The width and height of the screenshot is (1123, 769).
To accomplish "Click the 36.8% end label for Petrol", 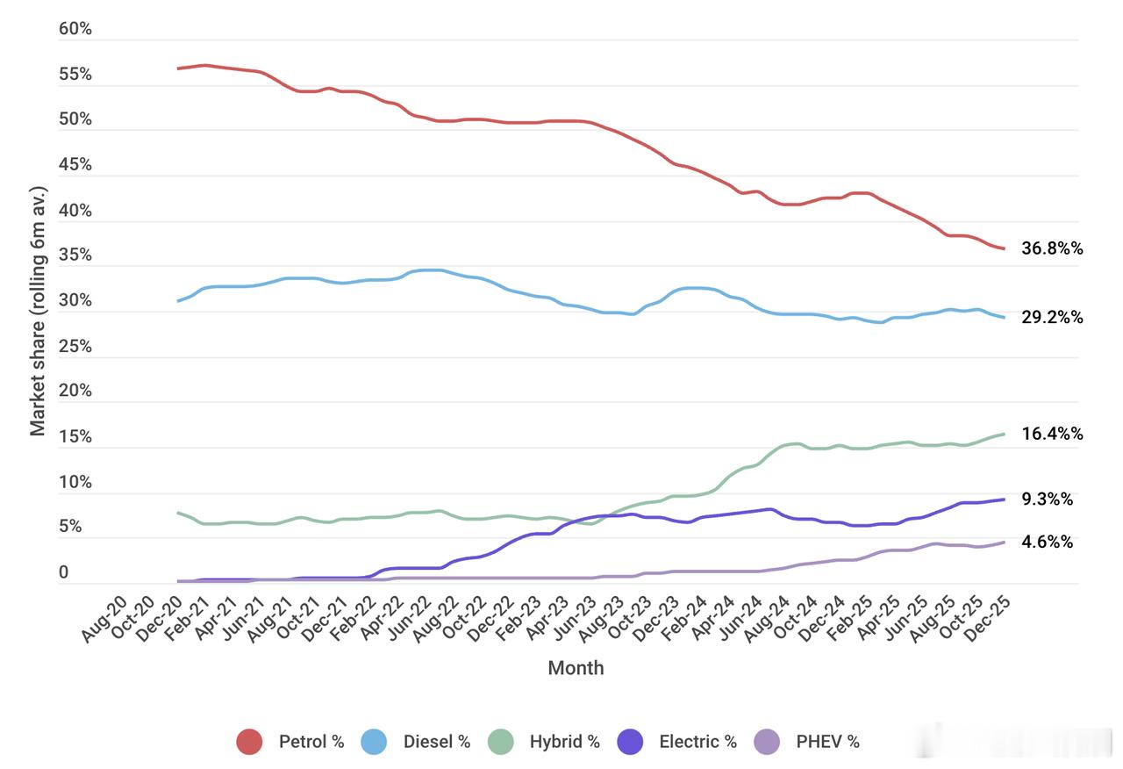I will (1052, 248).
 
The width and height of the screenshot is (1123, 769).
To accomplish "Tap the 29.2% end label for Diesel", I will (1052, 317).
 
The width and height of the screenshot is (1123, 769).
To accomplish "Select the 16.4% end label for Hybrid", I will (1052, 434).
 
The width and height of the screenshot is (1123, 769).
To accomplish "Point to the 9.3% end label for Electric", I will (1047, 499).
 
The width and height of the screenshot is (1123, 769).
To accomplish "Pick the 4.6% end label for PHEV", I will (1047, 542).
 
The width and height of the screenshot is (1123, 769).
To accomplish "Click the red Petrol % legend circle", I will (250, 742).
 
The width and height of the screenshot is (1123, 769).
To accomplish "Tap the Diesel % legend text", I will (437, 742).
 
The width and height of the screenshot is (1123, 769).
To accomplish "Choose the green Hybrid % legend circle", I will (501, 742).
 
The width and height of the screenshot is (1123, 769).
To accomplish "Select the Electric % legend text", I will (697, 742).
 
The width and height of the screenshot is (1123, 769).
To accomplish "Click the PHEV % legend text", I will (827, 742).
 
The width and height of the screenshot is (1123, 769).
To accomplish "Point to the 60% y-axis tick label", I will (75, 29).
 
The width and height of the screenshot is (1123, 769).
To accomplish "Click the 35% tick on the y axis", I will (75, 255).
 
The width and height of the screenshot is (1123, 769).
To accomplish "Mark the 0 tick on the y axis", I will (63, 572).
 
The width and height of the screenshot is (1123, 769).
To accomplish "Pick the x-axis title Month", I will (576, 668).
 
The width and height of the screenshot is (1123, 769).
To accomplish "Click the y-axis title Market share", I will (38, 311).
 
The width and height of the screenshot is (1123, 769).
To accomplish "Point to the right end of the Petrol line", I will (1004, 248).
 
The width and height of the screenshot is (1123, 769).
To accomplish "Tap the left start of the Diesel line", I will (178, 301).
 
